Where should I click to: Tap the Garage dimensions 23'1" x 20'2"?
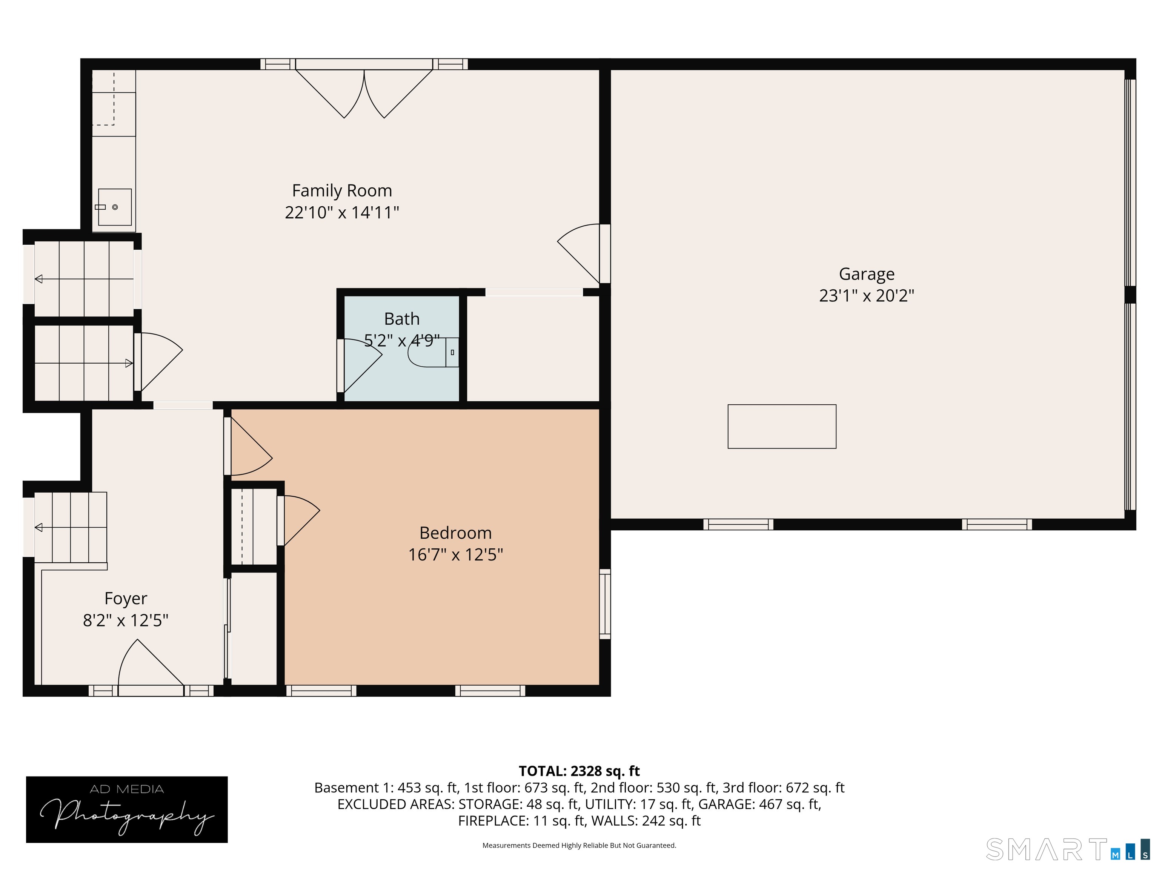click(x=867, y=295)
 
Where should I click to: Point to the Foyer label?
click(x=126, y=599)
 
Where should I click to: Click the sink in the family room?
click(x=115, y=207)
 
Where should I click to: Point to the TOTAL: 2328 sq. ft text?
click(x=579, y=771)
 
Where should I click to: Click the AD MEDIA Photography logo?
click(x=127, y=809)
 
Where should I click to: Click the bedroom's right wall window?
click(x=605, y=604)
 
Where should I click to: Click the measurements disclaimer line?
click(x=579, y=846)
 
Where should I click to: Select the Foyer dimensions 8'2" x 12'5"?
click(x=126, y=620)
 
